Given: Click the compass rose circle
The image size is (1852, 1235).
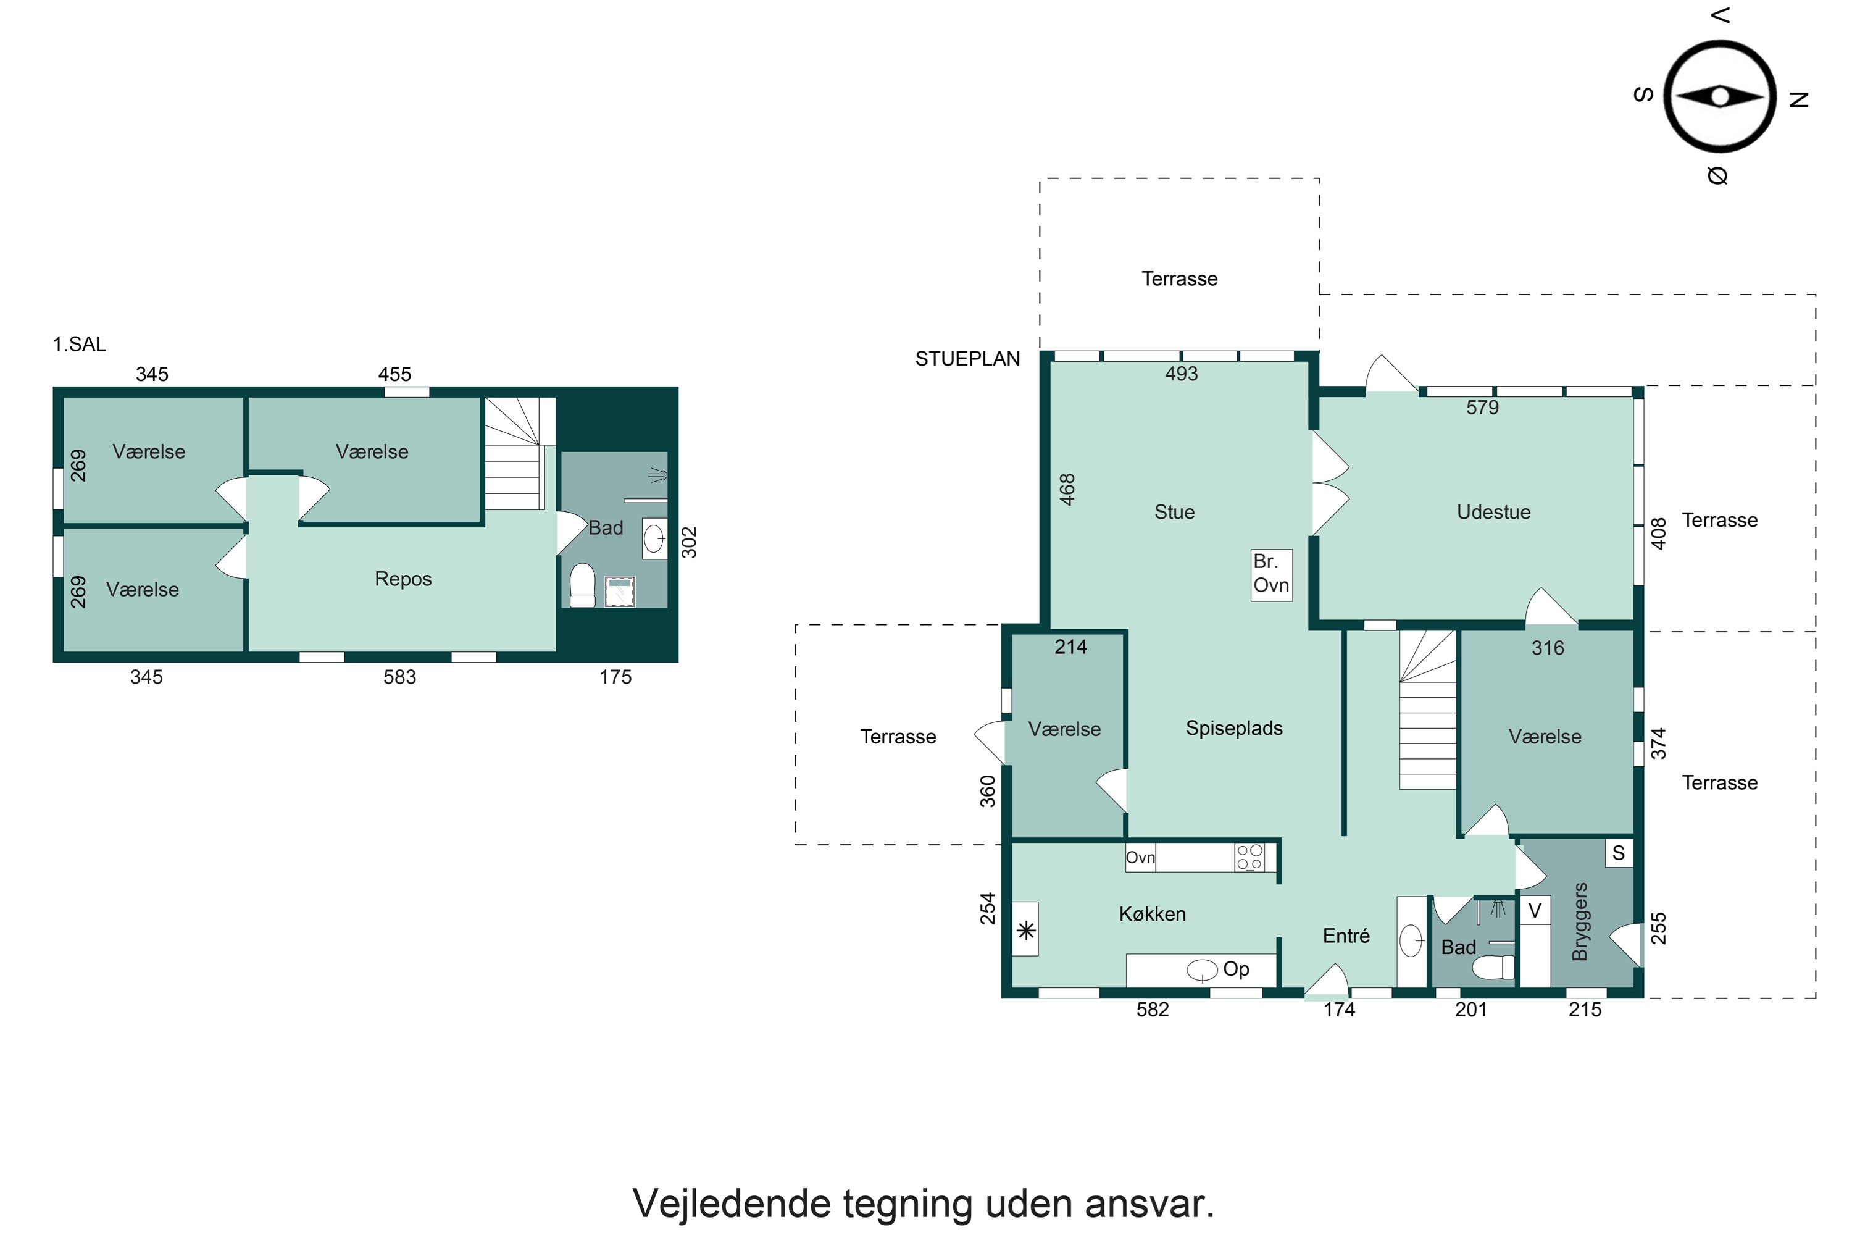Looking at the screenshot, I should [1720, 96].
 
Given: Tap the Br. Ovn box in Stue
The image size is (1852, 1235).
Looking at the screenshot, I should [1271, 575].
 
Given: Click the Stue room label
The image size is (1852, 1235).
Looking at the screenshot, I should [1174, 512].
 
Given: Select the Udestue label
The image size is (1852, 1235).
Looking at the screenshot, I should [1493, 512].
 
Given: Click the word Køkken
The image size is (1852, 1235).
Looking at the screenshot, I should [1152, 914].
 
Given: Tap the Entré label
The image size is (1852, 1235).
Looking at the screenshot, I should [1346, 936].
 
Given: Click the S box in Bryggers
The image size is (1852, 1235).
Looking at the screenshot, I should [1618, 853].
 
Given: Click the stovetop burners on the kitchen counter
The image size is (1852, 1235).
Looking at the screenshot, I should [1249, 857].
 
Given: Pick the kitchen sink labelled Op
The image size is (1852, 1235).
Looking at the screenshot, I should [1203, 969].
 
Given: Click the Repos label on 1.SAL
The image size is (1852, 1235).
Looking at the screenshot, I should [403, 579].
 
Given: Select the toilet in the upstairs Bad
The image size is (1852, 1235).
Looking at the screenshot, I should [583, 585].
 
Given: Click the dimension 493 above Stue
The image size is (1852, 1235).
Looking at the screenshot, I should [1181, 374].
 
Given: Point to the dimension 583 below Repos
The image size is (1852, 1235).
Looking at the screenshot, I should [399, 677].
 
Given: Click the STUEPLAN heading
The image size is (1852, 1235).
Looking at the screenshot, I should [967, 359].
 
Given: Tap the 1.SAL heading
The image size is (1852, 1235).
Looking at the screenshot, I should [79, 344].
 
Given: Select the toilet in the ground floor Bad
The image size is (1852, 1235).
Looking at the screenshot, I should [1493, 966].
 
